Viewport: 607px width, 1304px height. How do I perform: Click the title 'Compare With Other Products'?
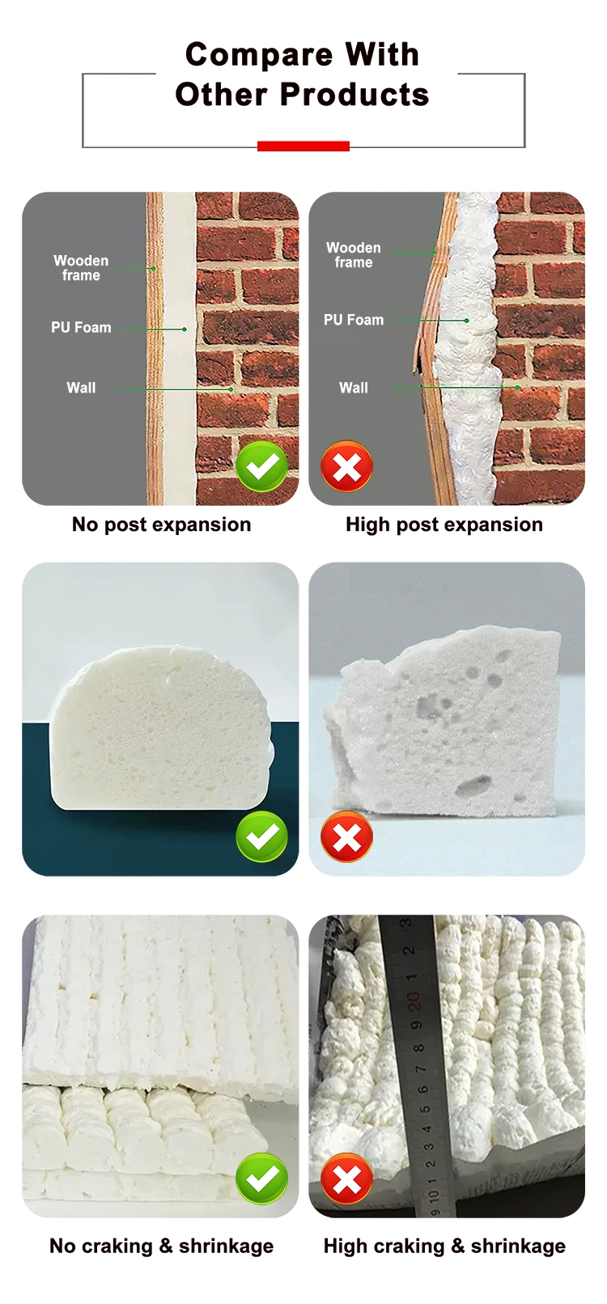(x=302, y=74)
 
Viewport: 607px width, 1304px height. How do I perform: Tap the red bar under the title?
(x=303, y=146)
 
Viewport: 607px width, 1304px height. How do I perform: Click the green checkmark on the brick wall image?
(x=261, y=466)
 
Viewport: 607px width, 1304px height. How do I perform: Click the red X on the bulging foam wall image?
(x=346, y=466)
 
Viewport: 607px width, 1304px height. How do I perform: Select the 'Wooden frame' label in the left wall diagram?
(x=81, y=268)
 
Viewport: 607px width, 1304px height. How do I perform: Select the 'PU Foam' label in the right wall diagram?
(x=354, y=320)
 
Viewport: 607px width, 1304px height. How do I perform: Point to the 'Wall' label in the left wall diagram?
(x=81, y=388)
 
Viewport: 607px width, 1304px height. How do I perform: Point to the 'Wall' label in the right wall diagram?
(x=354, y=388)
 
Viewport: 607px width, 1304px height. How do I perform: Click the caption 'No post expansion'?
(x=161, y=525)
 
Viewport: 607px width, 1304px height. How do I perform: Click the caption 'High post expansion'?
(x=444, y=525)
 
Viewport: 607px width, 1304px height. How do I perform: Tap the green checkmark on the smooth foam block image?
(x=261, y=836)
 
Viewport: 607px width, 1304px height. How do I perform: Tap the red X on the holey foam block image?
(x=346, y=836)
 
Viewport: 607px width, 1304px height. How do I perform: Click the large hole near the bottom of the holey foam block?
(x=473, y=785)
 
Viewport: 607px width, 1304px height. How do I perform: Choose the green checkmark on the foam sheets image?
(x=261, y=1179)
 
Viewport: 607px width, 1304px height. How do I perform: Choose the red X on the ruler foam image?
(x=346, y=1179)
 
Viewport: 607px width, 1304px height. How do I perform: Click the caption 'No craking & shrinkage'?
(x=161, y=1246)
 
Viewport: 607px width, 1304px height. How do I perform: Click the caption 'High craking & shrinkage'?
(x=444, y=1246)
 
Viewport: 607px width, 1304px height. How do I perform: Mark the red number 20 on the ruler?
(x=414, y=1002)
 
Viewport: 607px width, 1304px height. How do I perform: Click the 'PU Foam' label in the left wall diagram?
(x=81, y=327)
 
